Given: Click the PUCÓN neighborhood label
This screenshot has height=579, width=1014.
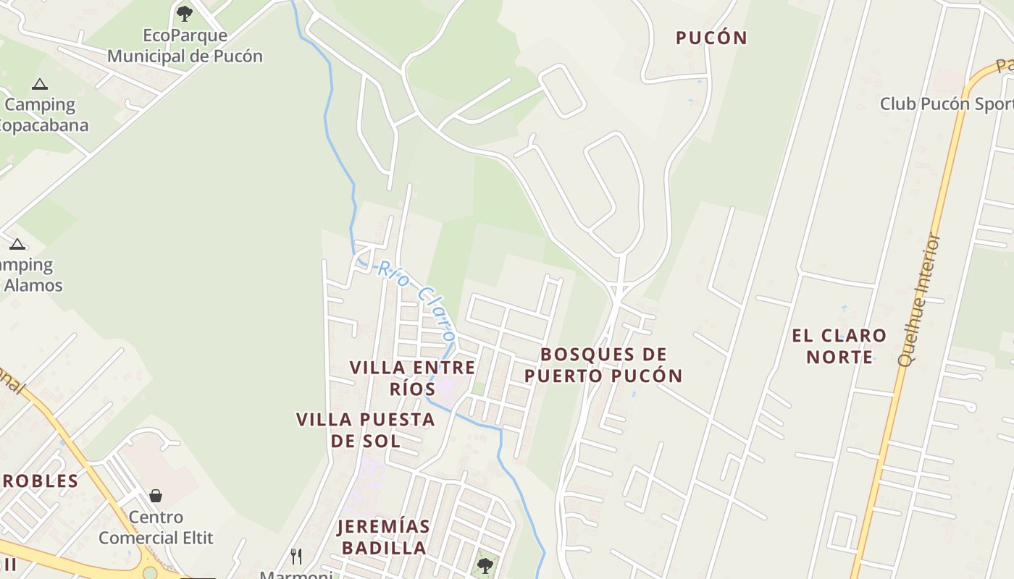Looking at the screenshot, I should click(x=711, y=38).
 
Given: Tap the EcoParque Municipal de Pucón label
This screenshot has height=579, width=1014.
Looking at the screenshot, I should click(x=185, y=46).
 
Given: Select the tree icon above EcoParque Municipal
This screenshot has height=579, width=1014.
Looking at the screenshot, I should click(x=185, y=13).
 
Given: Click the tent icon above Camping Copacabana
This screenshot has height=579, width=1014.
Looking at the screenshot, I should click(x=40, y=84).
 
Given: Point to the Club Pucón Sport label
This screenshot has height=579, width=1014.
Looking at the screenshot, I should click(x=946, y=103).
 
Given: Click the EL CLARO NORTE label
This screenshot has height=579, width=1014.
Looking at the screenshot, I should click(x=839, y=346).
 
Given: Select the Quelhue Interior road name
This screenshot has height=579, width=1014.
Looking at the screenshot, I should click(x=918, y=300).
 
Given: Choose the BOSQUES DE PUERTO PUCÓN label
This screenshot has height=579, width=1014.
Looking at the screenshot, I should click(x=603, y=365).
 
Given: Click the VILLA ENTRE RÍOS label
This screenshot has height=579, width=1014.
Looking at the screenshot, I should click(x=413, y=378).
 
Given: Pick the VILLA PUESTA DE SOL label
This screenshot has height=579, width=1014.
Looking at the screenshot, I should click(x=366, y=430).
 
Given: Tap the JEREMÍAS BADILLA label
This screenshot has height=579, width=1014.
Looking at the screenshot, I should click(x=384, y=537).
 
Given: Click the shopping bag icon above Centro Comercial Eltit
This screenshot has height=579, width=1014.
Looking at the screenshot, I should click(x=156, y=496).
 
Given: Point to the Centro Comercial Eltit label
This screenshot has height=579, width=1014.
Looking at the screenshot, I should click(x=156, y=528).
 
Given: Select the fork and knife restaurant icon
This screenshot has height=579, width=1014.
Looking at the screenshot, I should click(x=296, y=556).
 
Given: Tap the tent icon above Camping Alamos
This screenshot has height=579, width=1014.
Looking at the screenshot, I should click(x=17, y=244).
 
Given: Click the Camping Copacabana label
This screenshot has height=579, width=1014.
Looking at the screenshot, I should click(x=43, y=114).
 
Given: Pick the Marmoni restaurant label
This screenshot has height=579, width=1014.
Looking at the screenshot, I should click(x=297, y=574).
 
